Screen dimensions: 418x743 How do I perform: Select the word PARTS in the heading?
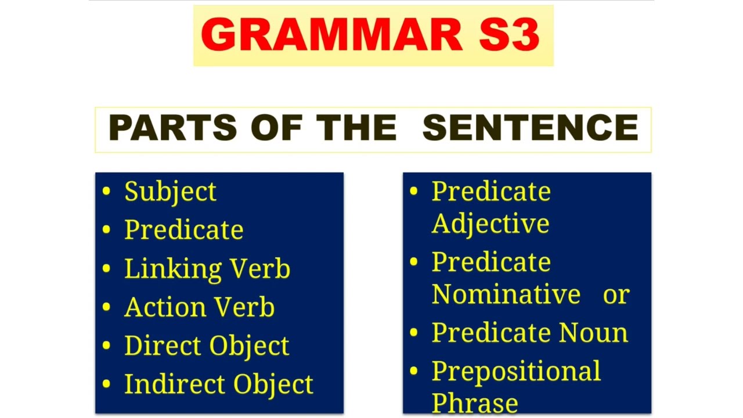click(172, 128)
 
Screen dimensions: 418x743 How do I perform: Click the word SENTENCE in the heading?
click(530, 128)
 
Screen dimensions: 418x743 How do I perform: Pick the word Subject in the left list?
click(170, 192)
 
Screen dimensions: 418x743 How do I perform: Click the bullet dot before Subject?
click(106, 191)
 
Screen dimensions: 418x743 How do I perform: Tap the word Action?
click(162, 307)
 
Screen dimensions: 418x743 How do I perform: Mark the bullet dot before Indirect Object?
click(106, 383)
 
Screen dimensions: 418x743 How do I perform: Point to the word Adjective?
click(490, 224)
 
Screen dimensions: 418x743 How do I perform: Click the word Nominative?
click(506, 294)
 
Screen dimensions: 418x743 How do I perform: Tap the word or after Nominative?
click(616, 295)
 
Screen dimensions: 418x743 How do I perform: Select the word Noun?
click(593, 333)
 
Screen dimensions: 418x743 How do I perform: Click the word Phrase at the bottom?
click(474, 403)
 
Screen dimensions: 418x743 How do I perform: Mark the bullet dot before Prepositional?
click(414, 370)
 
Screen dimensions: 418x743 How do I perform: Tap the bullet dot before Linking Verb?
click(106, 268)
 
